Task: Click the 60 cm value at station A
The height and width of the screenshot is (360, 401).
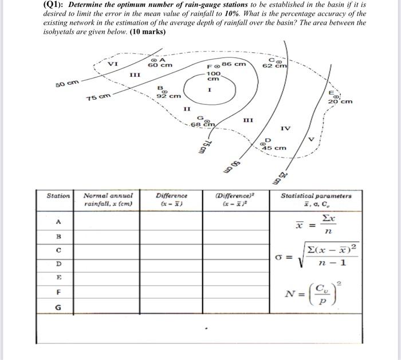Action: tap(160, 66)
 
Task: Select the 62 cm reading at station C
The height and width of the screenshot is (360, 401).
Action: tap(274, 66)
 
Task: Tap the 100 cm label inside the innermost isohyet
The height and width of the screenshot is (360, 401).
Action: tap(214, 77)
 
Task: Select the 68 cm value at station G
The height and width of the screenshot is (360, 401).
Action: tap(202, 124)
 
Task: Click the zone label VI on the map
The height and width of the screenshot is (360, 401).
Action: tap(113, 64)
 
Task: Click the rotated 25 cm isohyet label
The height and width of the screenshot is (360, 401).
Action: tap(282, 178)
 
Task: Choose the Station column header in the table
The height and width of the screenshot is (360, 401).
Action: tap(58, 196)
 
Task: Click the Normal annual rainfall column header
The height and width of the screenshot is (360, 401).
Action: tap(108, 199)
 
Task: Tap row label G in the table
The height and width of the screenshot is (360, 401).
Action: tap(58, 307)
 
